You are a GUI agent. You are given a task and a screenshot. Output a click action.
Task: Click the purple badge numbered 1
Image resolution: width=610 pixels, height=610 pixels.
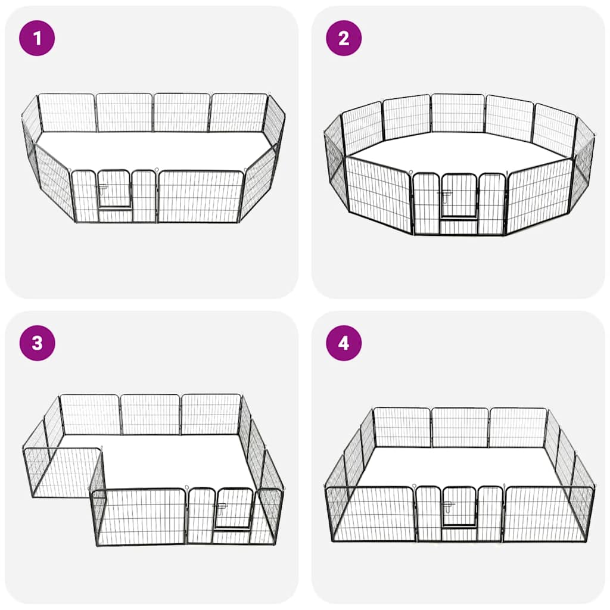37,38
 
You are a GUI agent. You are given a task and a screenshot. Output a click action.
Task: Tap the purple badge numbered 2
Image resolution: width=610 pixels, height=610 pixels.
344,38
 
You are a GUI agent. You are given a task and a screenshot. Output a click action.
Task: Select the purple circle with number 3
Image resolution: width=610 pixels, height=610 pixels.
37,343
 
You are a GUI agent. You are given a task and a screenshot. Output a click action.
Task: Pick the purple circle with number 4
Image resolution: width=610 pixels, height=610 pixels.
344,343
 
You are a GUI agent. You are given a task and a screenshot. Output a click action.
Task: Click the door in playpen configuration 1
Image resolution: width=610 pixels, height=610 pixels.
114,189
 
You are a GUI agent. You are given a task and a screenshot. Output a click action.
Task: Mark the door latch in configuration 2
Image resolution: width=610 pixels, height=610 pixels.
444,194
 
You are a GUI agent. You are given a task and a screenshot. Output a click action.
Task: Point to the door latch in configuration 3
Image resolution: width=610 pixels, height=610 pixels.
220,508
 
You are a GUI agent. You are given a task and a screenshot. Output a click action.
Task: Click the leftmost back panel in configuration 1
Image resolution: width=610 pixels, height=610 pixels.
67,113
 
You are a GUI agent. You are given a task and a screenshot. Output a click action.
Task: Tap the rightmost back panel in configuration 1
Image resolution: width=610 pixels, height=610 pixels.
238,113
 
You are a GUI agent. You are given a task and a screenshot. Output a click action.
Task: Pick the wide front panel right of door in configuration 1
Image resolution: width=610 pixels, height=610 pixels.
200,197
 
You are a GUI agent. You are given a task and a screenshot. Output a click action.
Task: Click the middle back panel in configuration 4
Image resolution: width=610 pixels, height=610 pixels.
459,427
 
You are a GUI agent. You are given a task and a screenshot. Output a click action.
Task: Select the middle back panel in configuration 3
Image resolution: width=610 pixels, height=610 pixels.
150,414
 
